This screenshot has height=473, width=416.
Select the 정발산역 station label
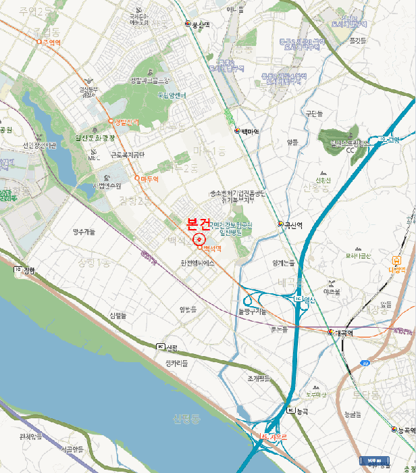click(126, 122)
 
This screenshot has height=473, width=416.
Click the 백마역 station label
click(247, 131)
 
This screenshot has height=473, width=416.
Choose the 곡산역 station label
click(292, 224)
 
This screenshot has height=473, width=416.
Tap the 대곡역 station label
click(345, 333)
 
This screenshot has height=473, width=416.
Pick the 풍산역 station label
click(201, 24)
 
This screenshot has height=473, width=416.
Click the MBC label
click(94, 158)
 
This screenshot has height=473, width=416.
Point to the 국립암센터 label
click(172, 95)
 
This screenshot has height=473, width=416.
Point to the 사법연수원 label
click(109, 186)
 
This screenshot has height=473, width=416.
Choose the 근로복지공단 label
click(128, 154)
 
